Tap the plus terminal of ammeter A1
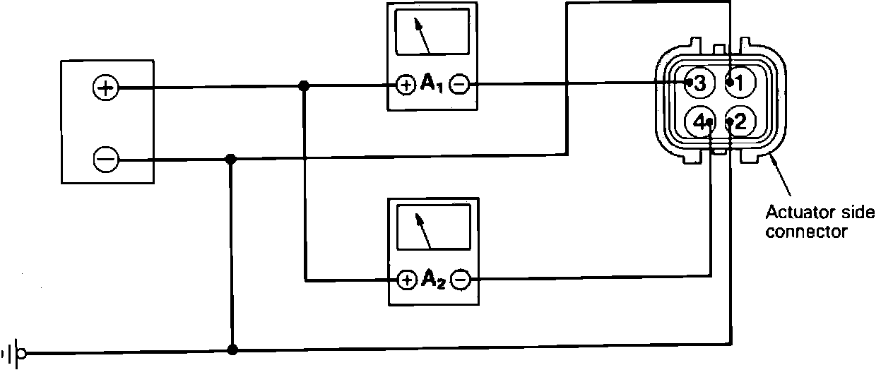point(406,85)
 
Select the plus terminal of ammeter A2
point(406,280)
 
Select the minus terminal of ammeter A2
point(459,280)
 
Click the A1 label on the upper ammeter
point(432,85)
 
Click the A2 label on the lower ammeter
point(432,280)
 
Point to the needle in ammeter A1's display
point(425,38)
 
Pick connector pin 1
point(739,83)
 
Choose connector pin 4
point(701,122)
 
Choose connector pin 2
point(739,122)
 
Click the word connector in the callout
point(806,231)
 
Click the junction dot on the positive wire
point(304,86)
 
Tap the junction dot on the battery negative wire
point(230,160)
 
